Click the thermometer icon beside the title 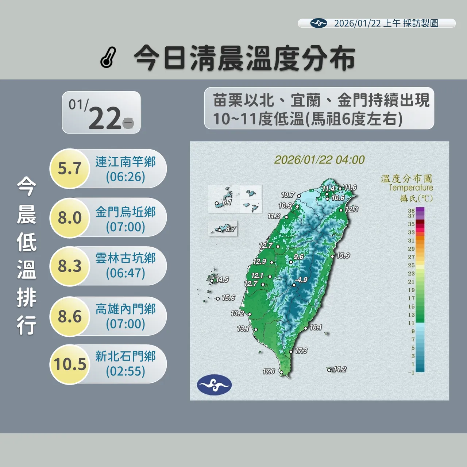point(108,58)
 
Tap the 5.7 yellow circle point(69,169)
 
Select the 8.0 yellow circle point(69,218)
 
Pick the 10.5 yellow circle point(70,364)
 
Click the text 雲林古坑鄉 point(126,258)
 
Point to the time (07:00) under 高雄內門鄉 point(126,324)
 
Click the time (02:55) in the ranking point(126,371)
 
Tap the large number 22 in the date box point(104,118)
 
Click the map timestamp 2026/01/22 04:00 point(319,160)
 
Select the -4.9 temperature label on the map point(301,279)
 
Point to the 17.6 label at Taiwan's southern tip point(269,371)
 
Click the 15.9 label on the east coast point(343,255)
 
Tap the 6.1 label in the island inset point(227,202)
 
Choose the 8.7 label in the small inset point(231,229)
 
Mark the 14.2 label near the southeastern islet point(340,369)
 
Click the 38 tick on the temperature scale point(411,211)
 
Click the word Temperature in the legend point(411,188)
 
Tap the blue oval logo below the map point(214,385)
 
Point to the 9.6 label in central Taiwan point(298,256)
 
